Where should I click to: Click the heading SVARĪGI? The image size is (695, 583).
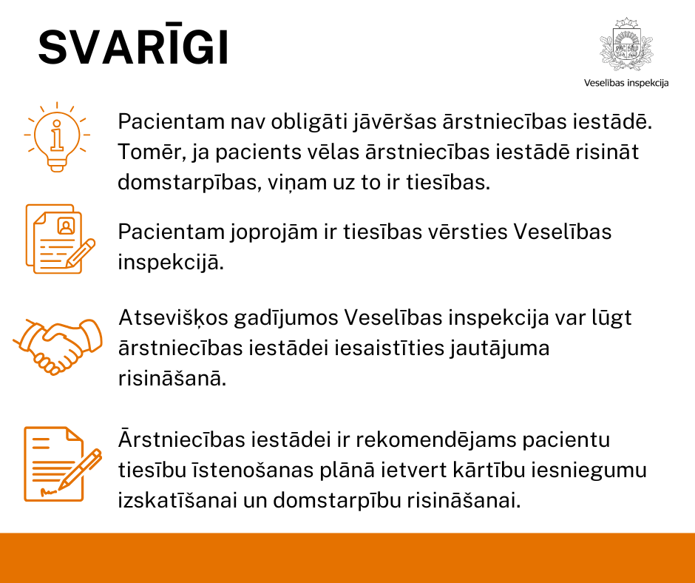click(x=134, y=49)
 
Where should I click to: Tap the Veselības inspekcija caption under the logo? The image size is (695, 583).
click(x=626, y=83)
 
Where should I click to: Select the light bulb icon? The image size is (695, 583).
click(x=56, y=137)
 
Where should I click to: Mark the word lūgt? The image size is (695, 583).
click(x=611, y=317)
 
